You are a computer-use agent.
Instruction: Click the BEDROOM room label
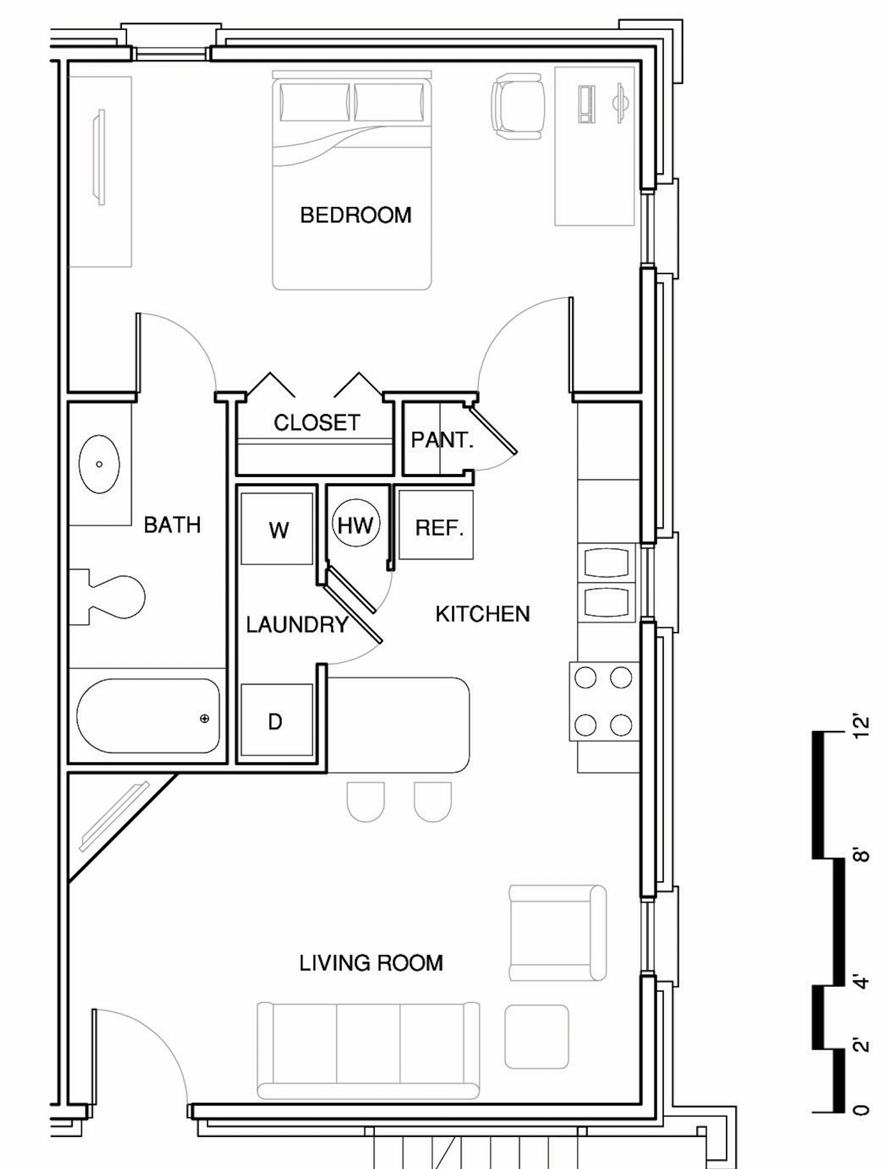pos(355,215)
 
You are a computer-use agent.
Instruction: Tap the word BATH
pos(172,524)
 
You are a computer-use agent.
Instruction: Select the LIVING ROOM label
pos(371,963)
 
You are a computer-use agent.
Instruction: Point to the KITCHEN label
pos(482,614)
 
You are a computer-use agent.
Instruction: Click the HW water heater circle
pos(355,524)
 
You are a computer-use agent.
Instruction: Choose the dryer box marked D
pos(277,719)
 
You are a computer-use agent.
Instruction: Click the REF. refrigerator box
pos(436,524)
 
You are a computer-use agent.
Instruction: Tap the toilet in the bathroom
pos(106,597)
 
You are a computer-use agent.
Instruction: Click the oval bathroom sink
pos(99,464)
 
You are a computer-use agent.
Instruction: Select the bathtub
pos(148,715)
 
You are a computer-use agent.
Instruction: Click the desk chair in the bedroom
pos(518,106)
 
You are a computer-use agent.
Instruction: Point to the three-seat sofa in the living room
pos(368,1051)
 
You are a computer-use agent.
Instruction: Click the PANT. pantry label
pos(442,440)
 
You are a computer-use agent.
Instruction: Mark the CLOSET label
pos(316,423)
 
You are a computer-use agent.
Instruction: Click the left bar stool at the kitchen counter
pos(366,802)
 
